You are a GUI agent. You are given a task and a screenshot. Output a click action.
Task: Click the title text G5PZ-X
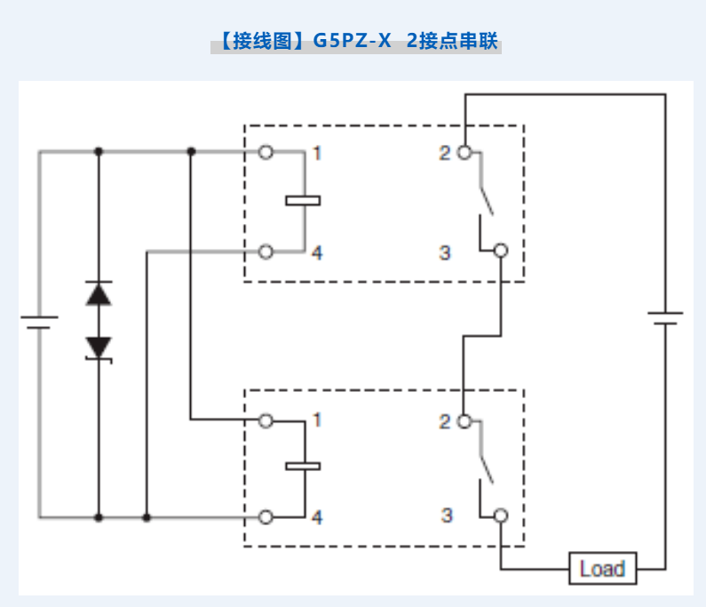[x=352, y=41]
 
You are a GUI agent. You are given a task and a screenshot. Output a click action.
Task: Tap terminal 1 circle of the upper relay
[x=266, y=152]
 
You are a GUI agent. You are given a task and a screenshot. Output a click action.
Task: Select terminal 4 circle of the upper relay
[x=266, y=252]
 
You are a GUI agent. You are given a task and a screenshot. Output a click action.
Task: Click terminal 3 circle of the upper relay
[x=501, y=252]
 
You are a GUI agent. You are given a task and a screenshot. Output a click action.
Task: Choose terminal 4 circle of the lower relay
[x=266, y=516]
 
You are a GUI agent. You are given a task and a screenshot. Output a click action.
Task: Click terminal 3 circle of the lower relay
[x=501, y=516]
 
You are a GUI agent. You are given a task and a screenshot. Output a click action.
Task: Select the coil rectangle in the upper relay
[x=303, y=200]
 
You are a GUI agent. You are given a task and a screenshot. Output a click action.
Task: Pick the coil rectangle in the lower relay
[x=303, y=465]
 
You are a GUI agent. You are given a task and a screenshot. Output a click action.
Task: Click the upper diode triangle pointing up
[x=99, y=293]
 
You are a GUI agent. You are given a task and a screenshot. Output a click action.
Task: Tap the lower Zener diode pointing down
[x=99, y=347]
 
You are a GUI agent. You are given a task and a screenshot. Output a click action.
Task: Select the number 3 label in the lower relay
[x=446, y=515]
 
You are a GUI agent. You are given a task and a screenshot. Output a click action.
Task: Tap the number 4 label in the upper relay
[x=317, y=252]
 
